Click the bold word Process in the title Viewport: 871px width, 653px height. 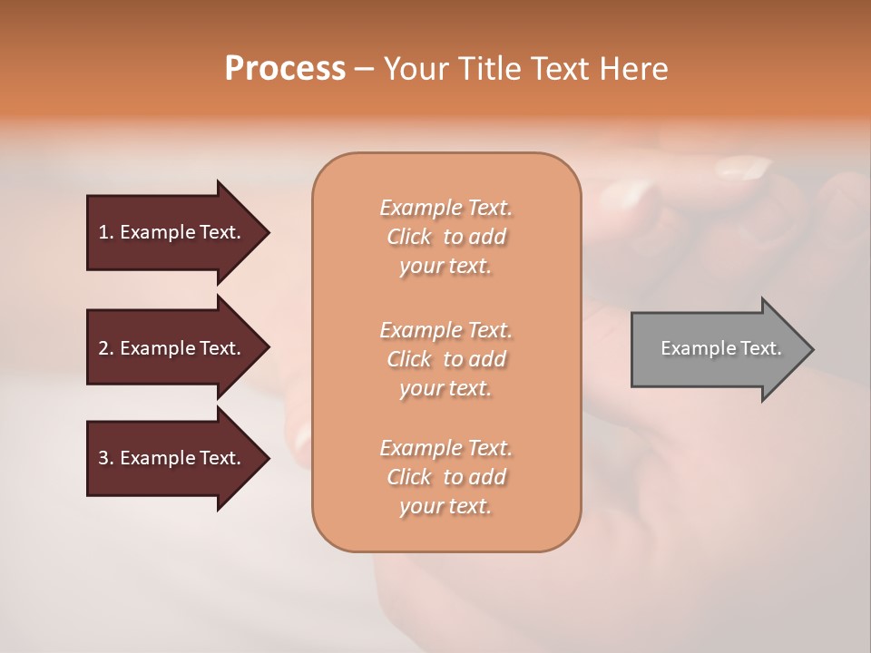[285, 68]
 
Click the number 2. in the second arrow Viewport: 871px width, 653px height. [106, 348]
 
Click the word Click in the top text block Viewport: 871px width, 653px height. [409, 237]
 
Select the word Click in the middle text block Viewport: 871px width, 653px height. [409, 359]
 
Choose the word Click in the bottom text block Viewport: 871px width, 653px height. [409, 477]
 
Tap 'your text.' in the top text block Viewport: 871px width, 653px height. [445, 267]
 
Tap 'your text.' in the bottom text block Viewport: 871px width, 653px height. [445, 507]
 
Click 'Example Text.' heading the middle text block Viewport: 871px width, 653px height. [445, 329]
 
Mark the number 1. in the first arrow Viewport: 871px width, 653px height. [106, 232]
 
